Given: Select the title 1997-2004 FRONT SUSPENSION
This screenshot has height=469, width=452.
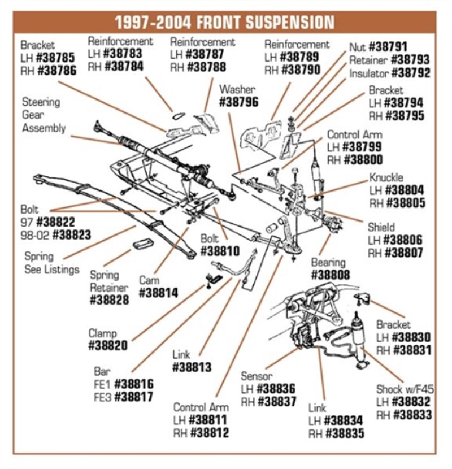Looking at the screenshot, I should (225, 22).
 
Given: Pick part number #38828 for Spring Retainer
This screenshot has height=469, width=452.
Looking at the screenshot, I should (109, 300).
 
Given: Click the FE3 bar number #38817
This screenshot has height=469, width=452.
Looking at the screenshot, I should (133, 397).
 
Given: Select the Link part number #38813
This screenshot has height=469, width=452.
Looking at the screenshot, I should (192, 368).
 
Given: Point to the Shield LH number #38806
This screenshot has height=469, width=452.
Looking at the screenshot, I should (402, 240).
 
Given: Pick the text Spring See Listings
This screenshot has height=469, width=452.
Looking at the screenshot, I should (51, 263).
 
